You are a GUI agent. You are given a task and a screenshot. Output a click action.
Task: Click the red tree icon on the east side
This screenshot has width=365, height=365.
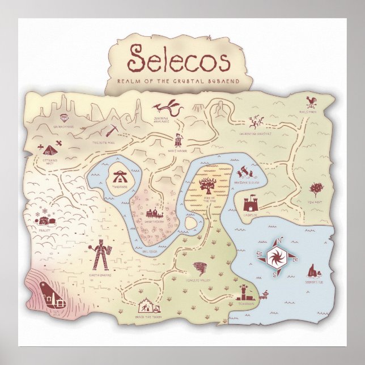(315, 189)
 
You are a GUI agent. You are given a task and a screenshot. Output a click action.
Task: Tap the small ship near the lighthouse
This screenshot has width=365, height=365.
(264, 294)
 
